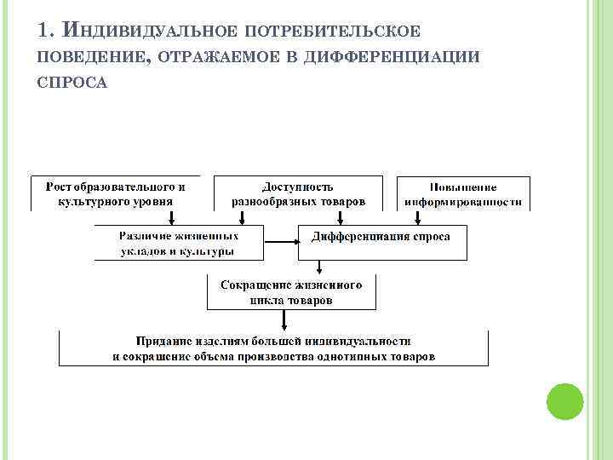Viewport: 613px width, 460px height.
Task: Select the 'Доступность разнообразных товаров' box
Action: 297,193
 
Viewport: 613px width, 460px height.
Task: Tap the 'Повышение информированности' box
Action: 463,193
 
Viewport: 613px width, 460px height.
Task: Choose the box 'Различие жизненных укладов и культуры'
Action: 178,243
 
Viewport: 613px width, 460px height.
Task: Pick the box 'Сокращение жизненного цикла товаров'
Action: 291,292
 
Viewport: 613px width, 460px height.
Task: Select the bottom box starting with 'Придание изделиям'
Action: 273,348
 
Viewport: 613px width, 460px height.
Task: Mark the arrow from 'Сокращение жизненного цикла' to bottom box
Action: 284,320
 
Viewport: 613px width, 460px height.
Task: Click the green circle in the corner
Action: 564,400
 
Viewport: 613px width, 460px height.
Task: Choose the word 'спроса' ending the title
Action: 72,83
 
